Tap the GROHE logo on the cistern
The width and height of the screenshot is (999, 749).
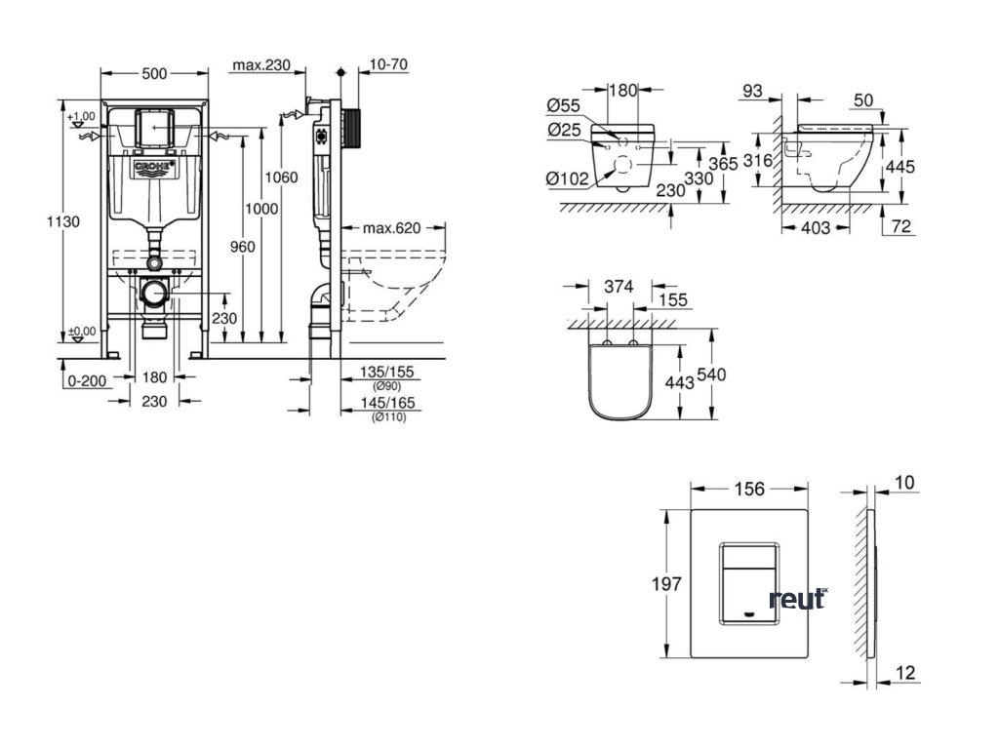pyautogui.click(x=154, y=170)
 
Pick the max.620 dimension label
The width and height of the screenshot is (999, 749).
pyautogui.click(x=391, y=228)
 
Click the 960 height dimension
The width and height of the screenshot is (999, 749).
pyautogui.click(x=243, y=247)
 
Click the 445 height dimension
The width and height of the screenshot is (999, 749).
pyautogui.click(x=898, y=166)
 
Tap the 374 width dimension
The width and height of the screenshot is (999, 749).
pyautogui.click(x=619, y=287)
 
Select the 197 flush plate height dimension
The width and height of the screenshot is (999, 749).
pyautogui.click(x=666, y=583)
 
